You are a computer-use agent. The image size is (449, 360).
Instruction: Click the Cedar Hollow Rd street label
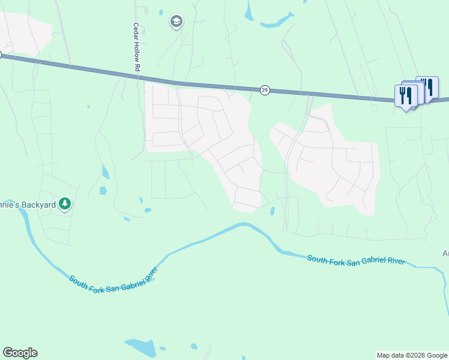[x=136, y=48]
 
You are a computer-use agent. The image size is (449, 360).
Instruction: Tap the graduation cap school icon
[x=176, y=22]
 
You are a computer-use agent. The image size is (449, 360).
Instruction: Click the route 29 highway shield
[x=265, y=90]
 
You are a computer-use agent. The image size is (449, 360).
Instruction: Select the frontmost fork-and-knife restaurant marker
[x=405, y=95]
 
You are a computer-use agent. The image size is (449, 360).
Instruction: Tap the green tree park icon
[x=65, y=205]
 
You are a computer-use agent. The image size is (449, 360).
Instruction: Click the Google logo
[x=20, y=353]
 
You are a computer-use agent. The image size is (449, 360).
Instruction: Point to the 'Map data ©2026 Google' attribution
[x=412, y=355]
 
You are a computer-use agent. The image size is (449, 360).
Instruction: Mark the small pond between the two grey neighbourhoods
[x=273, y=211]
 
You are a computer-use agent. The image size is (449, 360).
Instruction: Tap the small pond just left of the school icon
[x=161, y=12]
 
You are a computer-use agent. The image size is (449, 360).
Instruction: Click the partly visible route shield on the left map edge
[x=1, y=54]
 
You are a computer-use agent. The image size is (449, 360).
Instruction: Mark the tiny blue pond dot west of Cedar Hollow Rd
[x=88, y=107]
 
